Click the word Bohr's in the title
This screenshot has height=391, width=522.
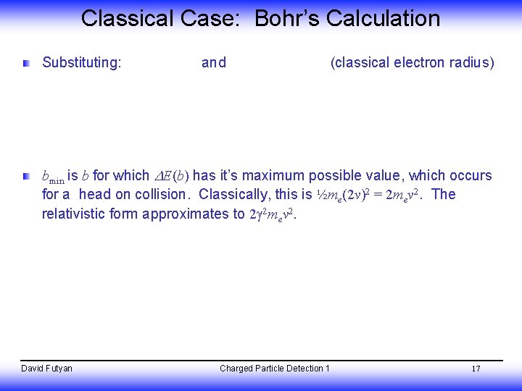tap(286, 18)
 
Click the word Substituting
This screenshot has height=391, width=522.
tap(81, 63)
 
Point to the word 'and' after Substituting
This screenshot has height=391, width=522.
tap(213, 63)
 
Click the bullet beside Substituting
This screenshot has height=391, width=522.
tap(26, 63)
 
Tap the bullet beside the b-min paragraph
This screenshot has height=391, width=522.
tap(26, 176)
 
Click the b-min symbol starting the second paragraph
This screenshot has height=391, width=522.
tap(53, 177)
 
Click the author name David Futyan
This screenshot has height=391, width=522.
tap(46, 369)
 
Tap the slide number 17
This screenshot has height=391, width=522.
tap(476, 369)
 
